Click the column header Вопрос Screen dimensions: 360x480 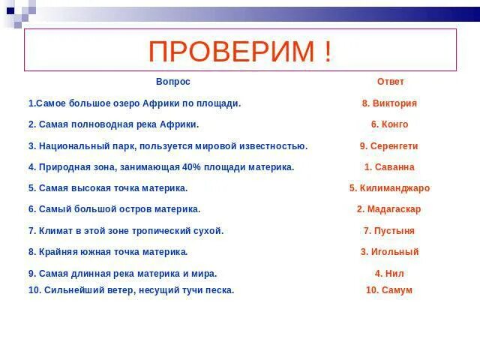[173, 82]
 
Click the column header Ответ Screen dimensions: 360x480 [390, 82]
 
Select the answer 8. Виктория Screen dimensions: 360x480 [389, 103]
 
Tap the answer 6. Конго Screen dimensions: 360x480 [389, 124]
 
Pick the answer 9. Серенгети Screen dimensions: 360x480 [389, 146]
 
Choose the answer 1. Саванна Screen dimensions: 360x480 [389, 167]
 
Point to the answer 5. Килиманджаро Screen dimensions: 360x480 [389, 188]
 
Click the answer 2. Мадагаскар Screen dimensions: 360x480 [389, 209]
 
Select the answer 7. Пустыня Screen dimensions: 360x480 [389, 231]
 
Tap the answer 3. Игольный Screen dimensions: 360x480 [389, 252]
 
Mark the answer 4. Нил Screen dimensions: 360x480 [389, 274]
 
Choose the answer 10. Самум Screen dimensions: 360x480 [389, 290]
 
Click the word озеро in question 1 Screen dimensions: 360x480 [127, 103]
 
